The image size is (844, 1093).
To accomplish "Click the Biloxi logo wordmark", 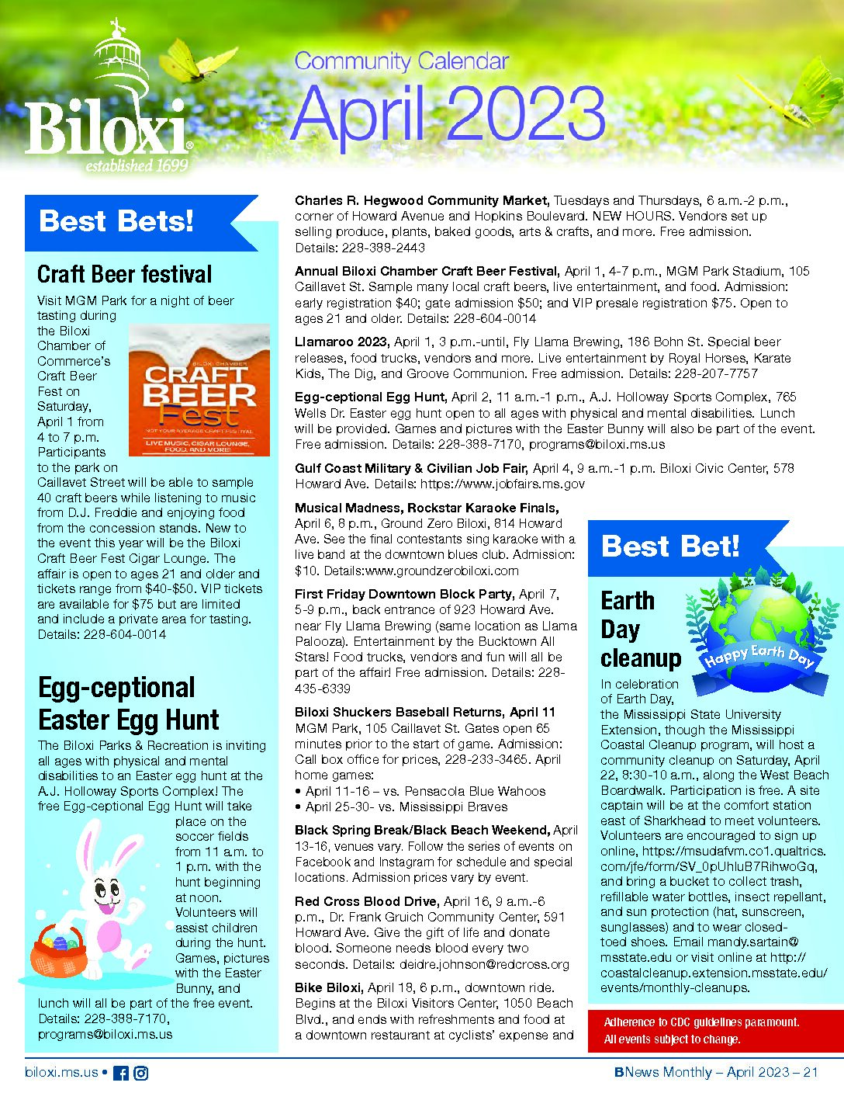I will tap(105, 128).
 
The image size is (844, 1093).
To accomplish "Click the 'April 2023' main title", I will tap(448, 113).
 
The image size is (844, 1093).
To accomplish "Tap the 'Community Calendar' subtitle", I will tap(401, 61).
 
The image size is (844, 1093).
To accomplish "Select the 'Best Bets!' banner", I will tap(116, 221).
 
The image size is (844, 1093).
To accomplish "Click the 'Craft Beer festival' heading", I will tap(124, 274).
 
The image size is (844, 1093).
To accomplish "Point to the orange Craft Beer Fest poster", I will tap(199, 390).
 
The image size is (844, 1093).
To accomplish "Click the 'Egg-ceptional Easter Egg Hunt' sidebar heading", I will tap(129, 703).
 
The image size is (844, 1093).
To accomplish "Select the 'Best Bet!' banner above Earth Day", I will tap(670, 546).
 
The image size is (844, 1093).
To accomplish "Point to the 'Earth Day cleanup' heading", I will tap(639, 629).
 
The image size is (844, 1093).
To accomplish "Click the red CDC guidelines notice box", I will tap(715, 1031).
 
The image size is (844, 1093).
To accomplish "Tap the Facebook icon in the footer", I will tap(121, 1073).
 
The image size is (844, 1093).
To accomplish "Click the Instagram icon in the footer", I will tap(141, 1073).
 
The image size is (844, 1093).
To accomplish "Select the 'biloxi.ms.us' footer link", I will tap(62, 1073).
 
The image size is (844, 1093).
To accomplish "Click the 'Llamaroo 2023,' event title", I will tap(342, 342).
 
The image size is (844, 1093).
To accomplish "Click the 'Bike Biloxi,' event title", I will tap(327, 987).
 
